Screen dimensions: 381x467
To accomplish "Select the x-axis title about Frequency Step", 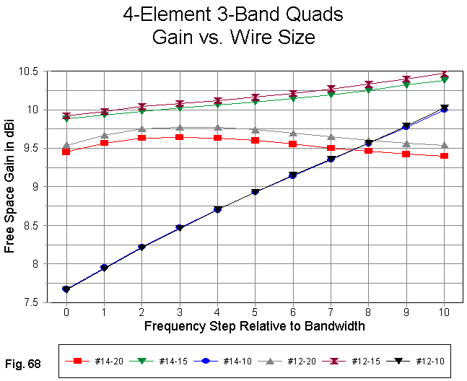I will [254, 325].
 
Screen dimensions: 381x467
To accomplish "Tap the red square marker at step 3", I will [179, 137].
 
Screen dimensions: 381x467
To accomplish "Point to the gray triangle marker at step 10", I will [444, 145].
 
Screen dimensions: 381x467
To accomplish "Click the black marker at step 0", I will [66, 289].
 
